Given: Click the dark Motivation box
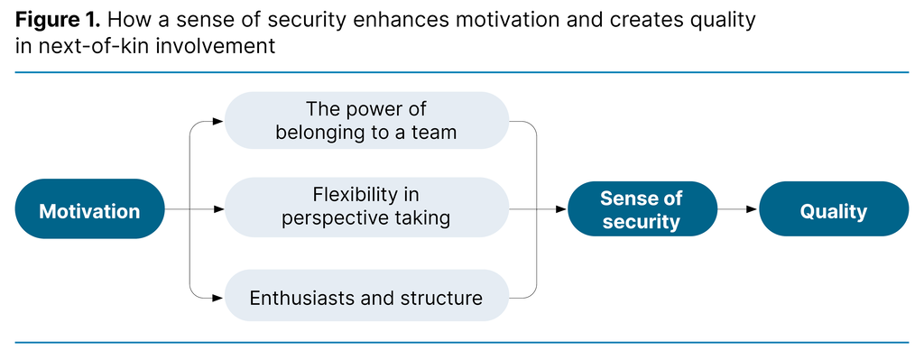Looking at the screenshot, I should (x=89, y=211).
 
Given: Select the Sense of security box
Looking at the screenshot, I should (x=642, y=209).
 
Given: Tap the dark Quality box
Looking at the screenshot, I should (x=833, y=211).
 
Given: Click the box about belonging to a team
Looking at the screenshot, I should (x=366, y=120).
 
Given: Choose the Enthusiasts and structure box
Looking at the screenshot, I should (x=366, y=297).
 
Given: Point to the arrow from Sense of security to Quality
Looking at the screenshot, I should (x=737, y=209).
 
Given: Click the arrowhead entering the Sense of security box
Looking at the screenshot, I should (x=561, y=209).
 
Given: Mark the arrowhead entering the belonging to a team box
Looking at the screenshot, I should (x=217, y=120).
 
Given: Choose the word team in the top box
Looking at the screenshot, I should (x=436, y=133).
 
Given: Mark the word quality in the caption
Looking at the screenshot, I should (x=723, y=20).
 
